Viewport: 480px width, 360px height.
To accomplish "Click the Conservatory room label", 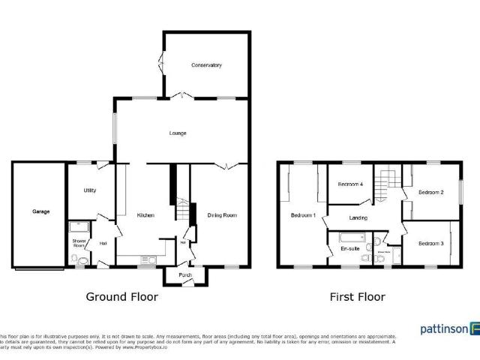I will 206,65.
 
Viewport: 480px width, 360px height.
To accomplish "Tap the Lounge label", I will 177,133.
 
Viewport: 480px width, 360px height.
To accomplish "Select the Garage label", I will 40,211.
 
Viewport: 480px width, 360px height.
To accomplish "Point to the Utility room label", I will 89,190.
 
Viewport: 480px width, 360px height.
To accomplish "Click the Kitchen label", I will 145,215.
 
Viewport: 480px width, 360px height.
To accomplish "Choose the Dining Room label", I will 222,215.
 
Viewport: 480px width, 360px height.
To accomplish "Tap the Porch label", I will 185,275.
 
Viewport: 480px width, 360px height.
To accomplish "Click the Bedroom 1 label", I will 303,216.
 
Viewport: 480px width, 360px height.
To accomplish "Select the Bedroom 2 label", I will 430,193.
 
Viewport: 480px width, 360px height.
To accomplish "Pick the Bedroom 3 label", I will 430,243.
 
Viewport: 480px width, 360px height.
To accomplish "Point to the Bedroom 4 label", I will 350,184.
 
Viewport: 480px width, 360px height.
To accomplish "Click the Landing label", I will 358,218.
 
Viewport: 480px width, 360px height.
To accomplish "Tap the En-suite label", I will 349,247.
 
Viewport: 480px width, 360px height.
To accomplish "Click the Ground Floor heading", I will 121,297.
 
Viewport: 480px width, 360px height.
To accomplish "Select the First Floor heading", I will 358,297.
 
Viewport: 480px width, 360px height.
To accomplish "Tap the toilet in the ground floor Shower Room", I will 76,259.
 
